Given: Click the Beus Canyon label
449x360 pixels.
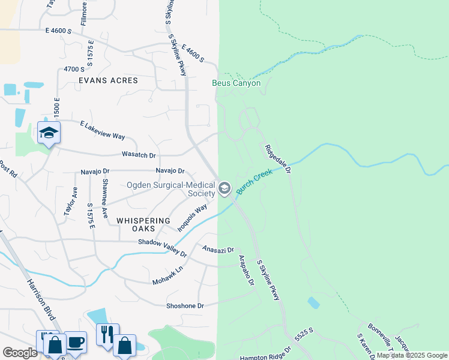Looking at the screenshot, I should pos(237,83).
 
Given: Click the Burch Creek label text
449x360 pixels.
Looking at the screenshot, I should pos(254,182).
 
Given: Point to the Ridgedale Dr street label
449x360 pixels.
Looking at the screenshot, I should pos(277,159).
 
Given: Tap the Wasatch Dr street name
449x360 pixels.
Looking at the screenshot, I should pos(139,155).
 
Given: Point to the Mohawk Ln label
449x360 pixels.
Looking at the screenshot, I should pos(167,273).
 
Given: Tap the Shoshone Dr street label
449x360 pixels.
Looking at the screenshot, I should pos(185,305).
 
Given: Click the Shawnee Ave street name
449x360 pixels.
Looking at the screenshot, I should pos(105,198).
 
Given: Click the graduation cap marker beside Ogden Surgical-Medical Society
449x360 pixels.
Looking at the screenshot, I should pos(224,189).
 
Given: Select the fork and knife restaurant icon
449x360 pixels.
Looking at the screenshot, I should pos(107,334).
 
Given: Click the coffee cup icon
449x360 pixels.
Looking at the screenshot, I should pos(76,341).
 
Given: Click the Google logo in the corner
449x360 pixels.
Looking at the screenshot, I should pos(20,353).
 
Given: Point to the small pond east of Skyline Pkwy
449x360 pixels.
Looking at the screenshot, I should pos(313,303).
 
